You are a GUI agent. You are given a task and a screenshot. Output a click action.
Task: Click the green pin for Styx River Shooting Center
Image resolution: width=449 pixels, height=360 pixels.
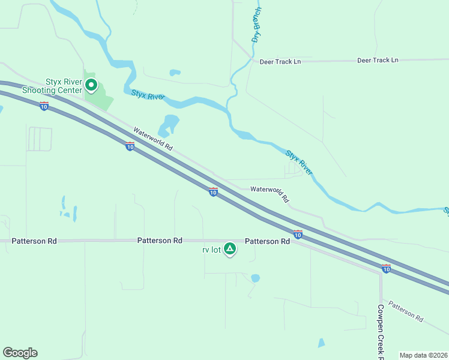pos(91,85)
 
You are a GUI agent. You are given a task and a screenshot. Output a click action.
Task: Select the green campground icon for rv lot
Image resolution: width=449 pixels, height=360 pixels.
pos(229,248)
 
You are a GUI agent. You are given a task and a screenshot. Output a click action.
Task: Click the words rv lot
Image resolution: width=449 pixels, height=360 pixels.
pos(211,250)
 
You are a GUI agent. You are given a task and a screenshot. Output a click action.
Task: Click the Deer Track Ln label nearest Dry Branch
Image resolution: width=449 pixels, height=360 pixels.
pos(280,62)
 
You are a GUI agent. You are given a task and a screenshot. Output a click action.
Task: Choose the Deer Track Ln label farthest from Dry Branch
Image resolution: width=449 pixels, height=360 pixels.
pos(378,61)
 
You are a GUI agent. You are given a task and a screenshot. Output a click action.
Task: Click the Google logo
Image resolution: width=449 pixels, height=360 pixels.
pos(20,353)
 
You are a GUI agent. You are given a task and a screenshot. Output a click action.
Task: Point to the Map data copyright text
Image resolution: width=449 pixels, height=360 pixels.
pos(423,355)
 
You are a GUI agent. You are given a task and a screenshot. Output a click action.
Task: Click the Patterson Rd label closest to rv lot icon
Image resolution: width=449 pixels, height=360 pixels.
pos(267,241)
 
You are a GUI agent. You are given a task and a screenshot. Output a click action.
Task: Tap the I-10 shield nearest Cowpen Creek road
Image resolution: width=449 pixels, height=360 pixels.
pos(386,268)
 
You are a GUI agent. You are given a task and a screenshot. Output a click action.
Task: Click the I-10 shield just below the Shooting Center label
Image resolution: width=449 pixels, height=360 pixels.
pos(44,106)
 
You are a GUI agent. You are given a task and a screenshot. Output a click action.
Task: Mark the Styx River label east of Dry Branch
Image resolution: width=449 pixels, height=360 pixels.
pos(299,162)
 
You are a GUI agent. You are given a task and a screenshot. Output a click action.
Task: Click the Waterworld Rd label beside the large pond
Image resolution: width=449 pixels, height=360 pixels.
pos(153,139)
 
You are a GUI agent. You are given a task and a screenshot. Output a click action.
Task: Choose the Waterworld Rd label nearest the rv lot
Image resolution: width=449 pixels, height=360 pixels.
pos(270,193)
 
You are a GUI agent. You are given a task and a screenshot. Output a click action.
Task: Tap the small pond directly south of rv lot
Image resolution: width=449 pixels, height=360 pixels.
pos(255,278)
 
